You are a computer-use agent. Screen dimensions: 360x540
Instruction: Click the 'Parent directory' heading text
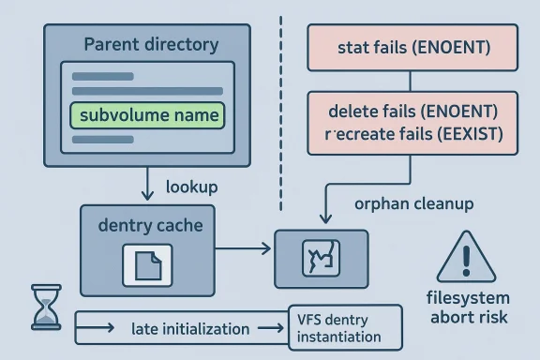pyautogui.click(x=151, y=44)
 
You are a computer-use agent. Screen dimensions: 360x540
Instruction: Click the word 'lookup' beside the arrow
pyautogui.click(x=191, y=187)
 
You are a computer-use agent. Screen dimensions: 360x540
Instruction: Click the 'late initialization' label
pyautogui.click(x=190, y=329)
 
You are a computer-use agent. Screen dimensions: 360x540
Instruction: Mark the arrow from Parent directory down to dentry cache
pyautogui.click(x=146, y=183)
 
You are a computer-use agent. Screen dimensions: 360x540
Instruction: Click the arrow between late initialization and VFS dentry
pyautogui.click(x=270, y=328)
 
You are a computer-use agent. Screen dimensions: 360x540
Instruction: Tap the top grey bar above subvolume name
pyautogui.click(x=104, y=76)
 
